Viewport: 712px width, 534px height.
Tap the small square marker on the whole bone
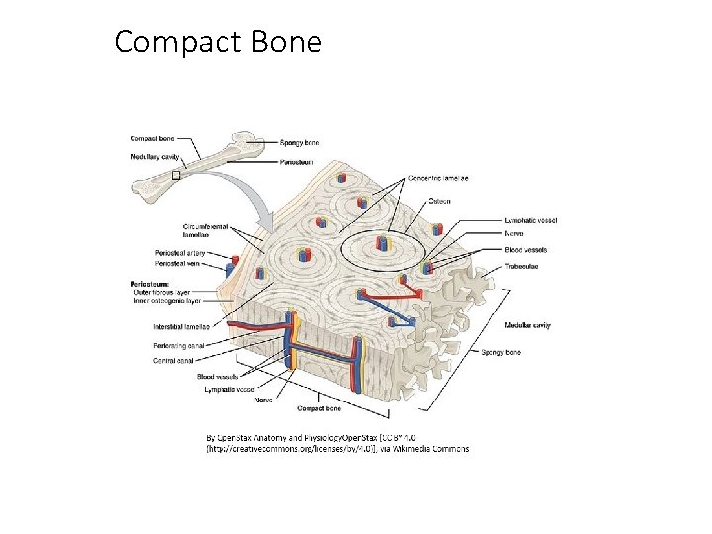click(176, 175)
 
